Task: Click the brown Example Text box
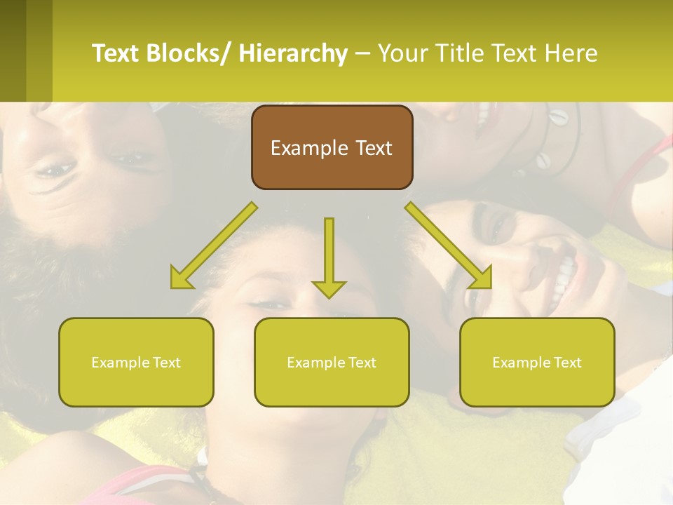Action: pyautogui.click(x=332, y=147)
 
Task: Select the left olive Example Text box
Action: pyautogui.click(x=136, y=362)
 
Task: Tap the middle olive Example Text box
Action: pyautogui.click(x=332, y=362)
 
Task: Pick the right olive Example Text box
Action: pyautogui.click(x=537, y=362)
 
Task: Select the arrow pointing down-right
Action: pyautogui.click(x=449, y=245)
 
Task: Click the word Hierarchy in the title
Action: pyautogui.click(x=293, y=53)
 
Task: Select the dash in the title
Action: pyautogui.click(x=362, y=55)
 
